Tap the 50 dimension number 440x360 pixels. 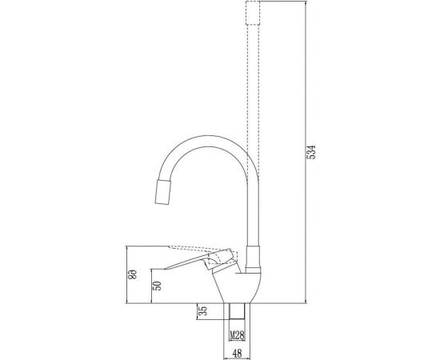pyautogui.click(x=158, y=285)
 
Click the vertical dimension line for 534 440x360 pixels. pyautogui.click(x=305, y=152)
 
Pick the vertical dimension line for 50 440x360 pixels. pyautogui.click(x=152, y=285)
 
